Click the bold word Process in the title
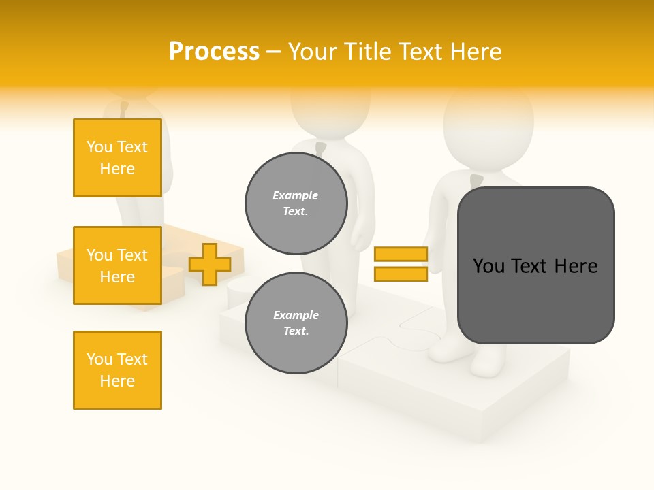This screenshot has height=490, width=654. [x=214, y=52]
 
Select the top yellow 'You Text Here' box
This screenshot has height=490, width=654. [x=117, y=158]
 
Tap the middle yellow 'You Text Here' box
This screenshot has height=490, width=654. [x=117, y=265]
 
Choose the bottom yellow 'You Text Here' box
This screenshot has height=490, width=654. [x=117, y=370]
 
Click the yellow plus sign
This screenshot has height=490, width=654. [x=210, y=264]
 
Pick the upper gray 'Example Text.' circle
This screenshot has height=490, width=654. [x=296, y=203]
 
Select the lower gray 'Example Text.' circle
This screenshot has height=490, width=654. [x=296, y=323]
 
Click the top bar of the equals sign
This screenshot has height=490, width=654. [x=401, y=254]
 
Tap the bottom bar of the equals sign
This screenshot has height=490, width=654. [x=401, y=274]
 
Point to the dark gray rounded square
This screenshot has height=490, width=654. [x=535, y=265]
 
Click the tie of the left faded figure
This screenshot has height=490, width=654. [x=124, y=108]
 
